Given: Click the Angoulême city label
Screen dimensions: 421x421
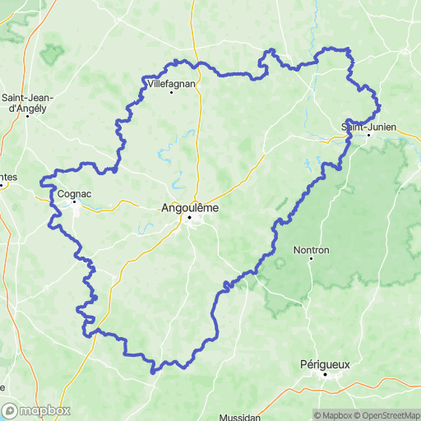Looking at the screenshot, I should pyautogui.click(x=188, y=208).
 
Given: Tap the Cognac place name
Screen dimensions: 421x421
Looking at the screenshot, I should pyautogui.click(x=74, y=193).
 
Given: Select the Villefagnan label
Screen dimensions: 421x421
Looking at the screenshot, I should pyautogui.click(x=171, y=83).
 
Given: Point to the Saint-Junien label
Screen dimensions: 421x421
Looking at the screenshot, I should pyautogui.click(x=368, y=126).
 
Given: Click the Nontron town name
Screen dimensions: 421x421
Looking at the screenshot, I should pyautogui.click(x=312, y=249).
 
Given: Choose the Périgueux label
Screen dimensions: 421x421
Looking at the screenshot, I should pyautogui.click(x=326, y=363).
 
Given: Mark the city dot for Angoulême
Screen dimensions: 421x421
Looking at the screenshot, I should pyautogui.click(x=189, y=218).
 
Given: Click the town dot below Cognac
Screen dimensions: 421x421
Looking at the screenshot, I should pyautogui.click(x=74, y=201).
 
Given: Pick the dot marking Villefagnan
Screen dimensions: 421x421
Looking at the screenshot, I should pyautogui.click(x=171, y=91).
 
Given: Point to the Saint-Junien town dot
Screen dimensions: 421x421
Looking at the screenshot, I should pyautogui.click(x=368, y=135).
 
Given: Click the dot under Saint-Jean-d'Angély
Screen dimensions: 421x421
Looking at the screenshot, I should pyautogui.click(x=28, y=115).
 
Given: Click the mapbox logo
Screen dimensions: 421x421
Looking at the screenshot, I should pyautogui.click(x=36, y=409).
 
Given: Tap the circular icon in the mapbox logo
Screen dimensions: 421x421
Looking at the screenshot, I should pyautogui.click(x=11, y=409).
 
